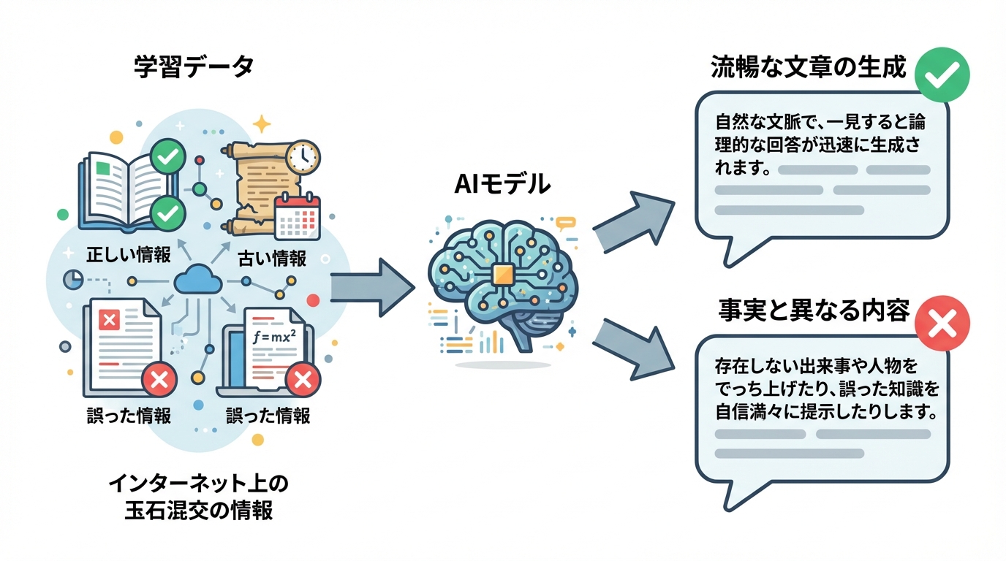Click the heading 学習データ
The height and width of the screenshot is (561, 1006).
pyautogui.click(x=194, y=67)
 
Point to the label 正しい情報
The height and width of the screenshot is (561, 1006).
pyautogui.click(x=129, y=255)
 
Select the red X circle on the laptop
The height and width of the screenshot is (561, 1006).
pyautogui.click(x=300, y=380)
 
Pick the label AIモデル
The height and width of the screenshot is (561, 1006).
pyautogui.click(x=502, y=185)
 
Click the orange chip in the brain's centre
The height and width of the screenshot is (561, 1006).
pyautogui.click(x=502, y=275)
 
